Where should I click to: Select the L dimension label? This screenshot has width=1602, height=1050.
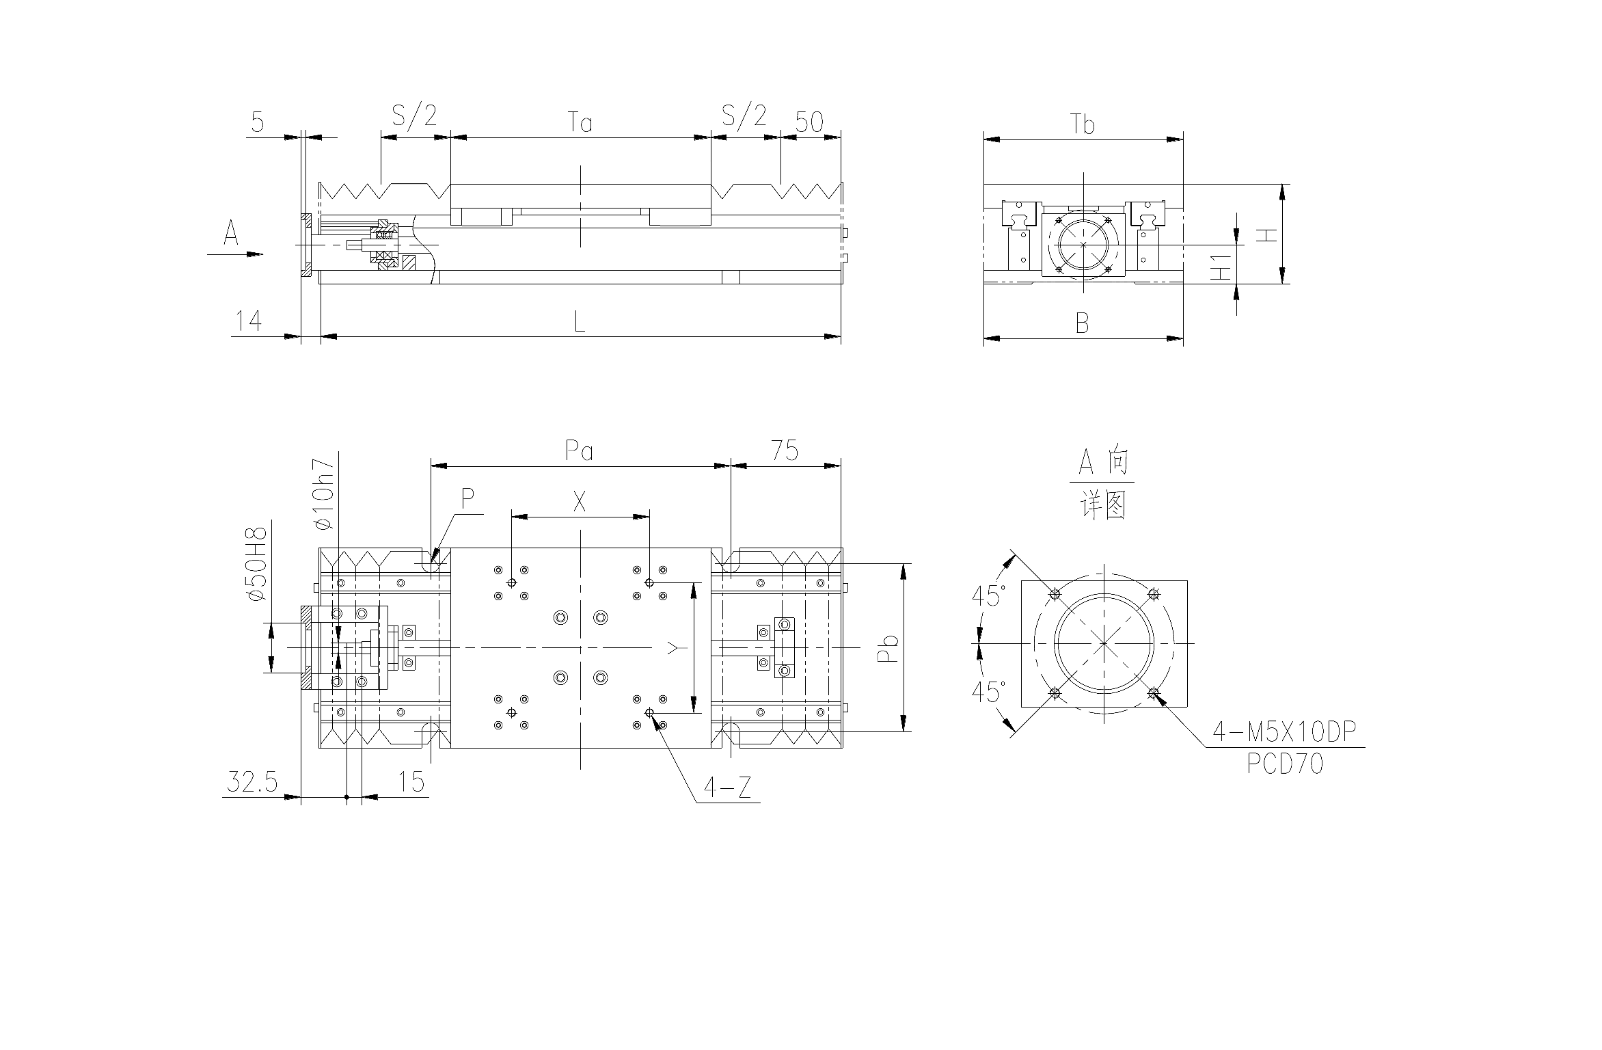coord(579,321)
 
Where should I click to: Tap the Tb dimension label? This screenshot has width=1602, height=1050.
coord(1083,124)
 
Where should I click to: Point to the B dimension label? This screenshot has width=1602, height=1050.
coord(1082,323)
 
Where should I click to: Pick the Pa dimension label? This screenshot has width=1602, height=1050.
coord(579,450)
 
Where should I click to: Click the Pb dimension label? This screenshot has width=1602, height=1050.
coord(887,648)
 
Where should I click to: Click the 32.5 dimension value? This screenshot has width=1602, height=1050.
coord(252,781)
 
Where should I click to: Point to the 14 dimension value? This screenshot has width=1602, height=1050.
coord(249,321)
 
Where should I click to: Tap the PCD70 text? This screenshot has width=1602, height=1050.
coord(1285,764)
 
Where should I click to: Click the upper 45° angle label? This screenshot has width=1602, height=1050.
coord(988,595)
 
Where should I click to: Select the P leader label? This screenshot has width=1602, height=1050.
coord(467,499)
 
